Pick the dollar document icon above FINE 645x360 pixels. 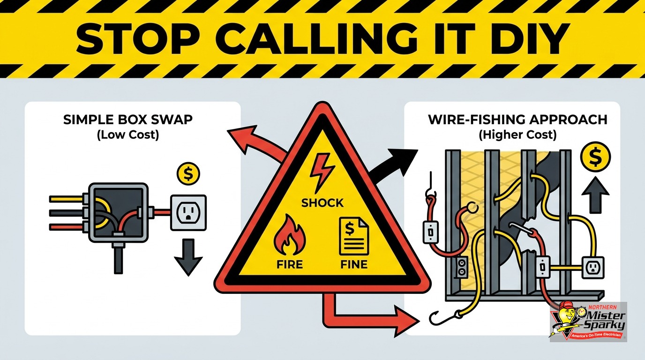(x=354, y=236)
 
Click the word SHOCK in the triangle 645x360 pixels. (x=322, y=203)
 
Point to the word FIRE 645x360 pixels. (x=290, y=264)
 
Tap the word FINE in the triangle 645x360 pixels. (x=354, y=264)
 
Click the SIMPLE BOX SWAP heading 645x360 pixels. (x=128, y=120)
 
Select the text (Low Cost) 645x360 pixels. (x=128, y=135)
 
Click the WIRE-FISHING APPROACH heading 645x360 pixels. (x=517, y=120)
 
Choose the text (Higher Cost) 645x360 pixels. (x=517, y=135)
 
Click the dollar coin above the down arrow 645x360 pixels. (x=188, y=173)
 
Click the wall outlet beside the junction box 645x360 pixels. (x=188, y=212)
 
